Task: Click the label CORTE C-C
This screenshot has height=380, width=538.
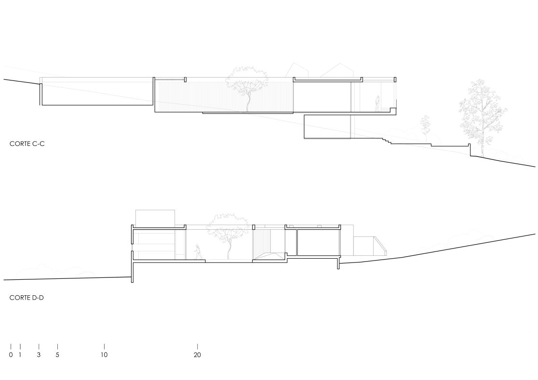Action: pos(27,144)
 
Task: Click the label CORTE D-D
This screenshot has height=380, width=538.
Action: pos(27,298)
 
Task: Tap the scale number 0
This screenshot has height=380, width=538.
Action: pos(11,355)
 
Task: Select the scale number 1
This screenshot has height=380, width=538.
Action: pos(20,355)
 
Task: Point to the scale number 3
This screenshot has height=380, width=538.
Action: pos(39,355)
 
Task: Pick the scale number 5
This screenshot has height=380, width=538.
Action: pos(57,355)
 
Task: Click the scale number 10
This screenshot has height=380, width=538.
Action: pos(104,355)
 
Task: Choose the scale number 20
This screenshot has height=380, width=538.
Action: pos(197,355)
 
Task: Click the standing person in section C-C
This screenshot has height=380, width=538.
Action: pos(377,104)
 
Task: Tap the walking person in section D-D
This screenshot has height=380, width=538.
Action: pos(197,252)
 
